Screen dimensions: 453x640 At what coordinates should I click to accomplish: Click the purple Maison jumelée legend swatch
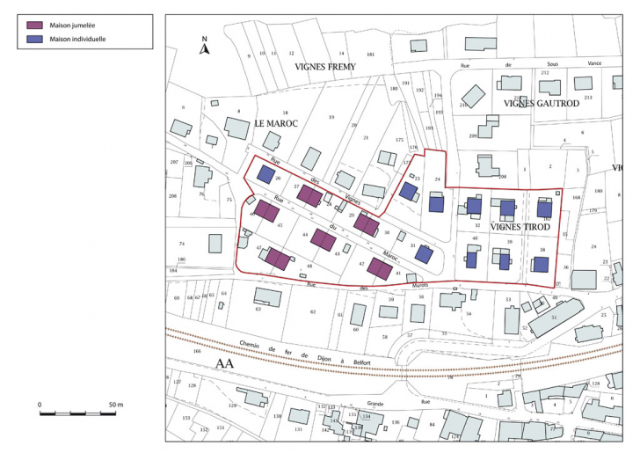(x=36, y=26)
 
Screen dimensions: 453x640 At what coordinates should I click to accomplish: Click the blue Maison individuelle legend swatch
(x=36, y=40)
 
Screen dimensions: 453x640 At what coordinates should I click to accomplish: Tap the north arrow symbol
(x=203, y=48)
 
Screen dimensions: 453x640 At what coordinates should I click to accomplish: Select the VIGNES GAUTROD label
(x=541, y=103)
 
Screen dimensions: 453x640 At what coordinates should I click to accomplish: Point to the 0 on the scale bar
(x=40, y=405)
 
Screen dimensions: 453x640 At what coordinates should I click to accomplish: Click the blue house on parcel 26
(x=265, y=174)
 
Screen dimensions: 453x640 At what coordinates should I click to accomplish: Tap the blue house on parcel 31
(x=424, y=254)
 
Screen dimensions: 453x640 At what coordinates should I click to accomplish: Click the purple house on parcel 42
(x=379, y=269)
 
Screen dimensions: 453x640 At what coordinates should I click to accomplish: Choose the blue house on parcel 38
(x=540, y=264)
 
